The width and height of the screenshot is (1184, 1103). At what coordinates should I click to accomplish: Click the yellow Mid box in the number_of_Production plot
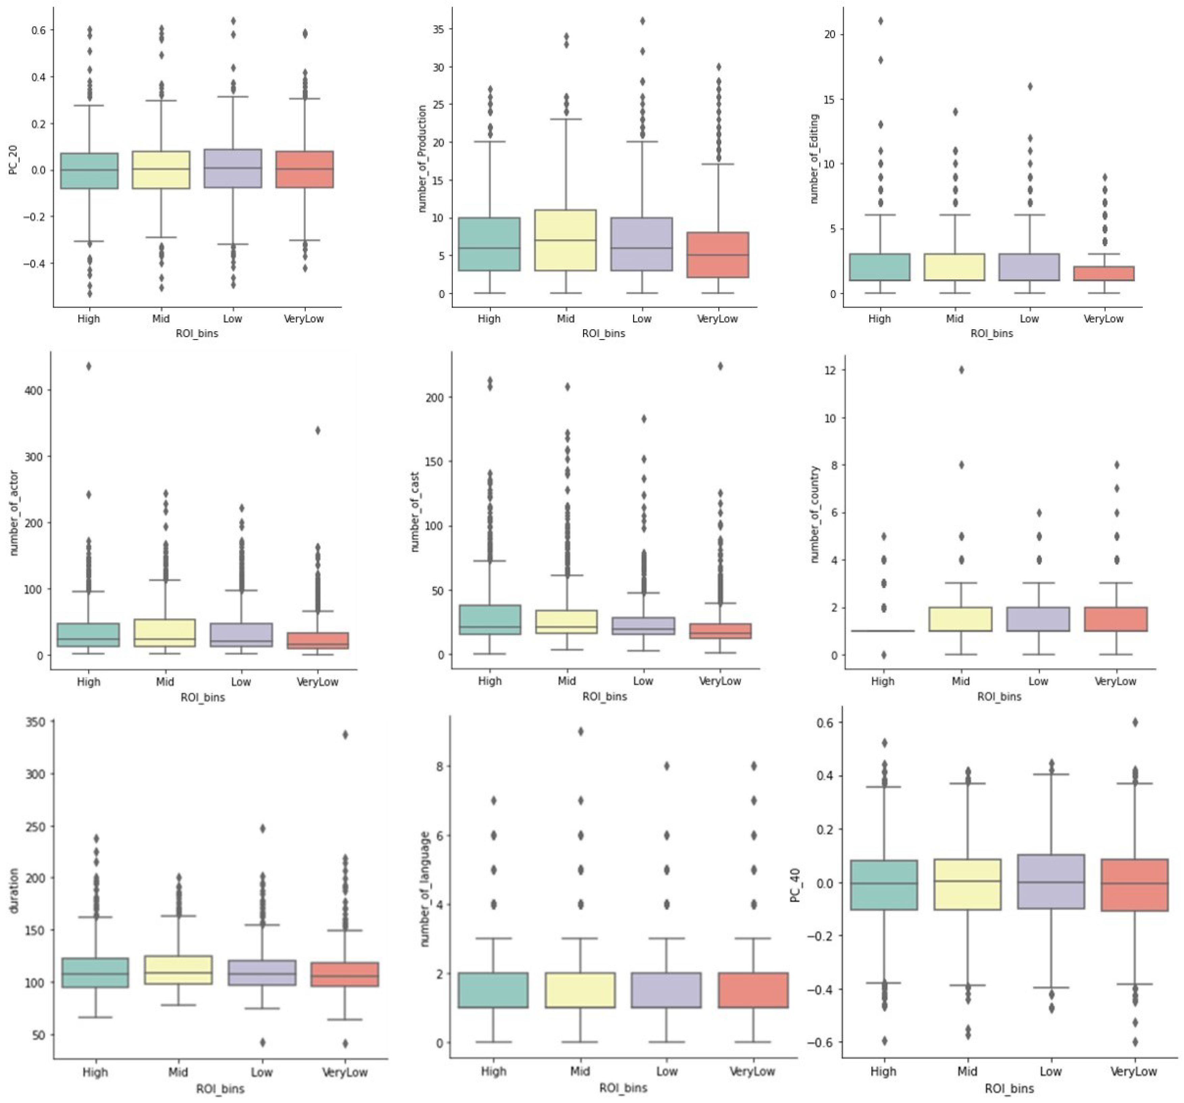pyautogui.click(x=566, y=240)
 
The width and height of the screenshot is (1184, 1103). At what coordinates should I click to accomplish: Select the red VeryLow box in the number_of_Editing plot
pyautogui.click(x=1104, y=273)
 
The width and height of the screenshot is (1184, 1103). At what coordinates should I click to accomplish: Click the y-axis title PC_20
pyautogui.click(x=13, y=161)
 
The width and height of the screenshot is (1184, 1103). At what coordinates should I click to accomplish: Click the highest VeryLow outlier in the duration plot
pyautogui.click(x=345, y=734)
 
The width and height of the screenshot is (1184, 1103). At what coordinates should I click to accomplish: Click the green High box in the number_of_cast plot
pyautogui.click(x=490, y=619)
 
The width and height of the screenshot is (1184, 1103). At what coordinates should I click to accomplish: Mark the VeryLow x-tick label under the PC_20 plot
pyautogui.click(x=304, y=318)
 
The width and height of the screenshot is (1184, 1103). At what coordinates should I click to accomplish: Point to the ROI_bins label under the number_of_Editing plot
pyautogui.click(x=992, y=334)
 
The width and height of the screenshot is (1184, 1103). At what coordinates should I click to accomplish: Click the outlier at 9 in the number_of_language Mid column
pyautogui.click(x=580, y=732)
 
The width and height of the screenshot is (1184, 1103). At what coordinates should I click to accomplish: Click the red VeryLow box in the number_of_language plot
pyautogui.click(x=753, y=990)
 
